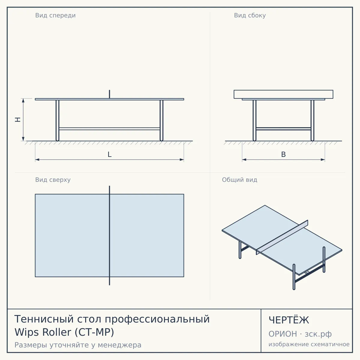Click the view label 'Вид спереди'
pyautogui.click(x=55, y=16)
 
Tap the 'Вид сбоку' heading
pyautogui.click(x=250, y=16)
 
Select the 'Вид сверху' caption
pyautogui.click(x=53, y=180)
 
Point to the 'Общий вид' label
pyautogui.click(x=239, y=180)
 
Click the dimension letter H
pyautogui.click(x=18, y=120)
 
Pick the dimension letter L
pyautogui.click(x=109, y=154)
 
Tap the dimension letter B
pyautogui.click(x=283, y=154)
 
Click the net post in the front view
pyautogui.click(x=109, y=94)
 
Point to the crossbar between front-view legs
pyautogui.click(x=109, y=129)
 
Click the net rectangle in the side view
pyautogui.click(x=283, y=94)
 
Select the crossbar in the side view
pyautogui.click(x=283, y=129)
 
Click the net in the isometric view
pyautogui.click(x=282, y=237)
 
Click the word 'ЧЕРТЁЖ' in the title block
pyautogui.click(x=289, y=320)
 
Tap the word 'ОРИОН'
pyautogui.click(x=283, y=334)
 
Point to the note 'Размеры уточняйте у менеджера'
pyautogui.click(x=78, y=345)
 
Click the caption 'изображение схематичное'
pyautogui.click(x=309, y=344)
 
